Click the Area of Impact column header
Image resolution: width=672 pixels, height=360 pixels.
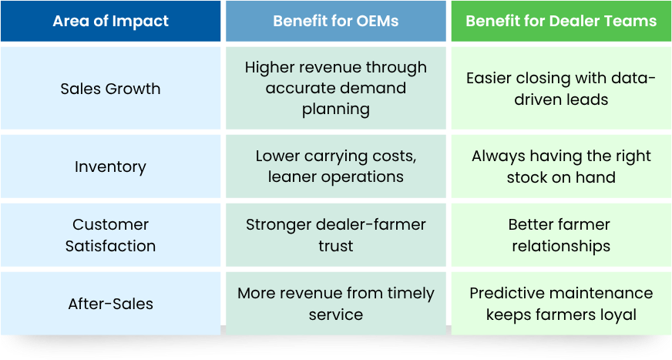click(110, 21)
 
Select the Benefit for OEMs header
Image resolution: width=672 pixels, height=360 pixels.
click(336, 21)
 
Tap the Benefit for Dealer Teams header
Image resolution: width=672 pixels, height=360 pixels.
click(561, 21)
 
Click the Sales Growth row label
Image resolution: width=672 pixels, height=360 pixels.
click(110, 89)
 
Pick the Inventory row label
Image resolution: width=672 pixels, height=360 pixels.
click(110, 167)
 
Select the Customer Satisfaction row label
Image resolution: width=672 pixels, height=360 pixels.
click(110, 235)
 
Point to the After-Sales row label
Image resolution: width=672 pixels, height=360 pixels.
click(110, 304)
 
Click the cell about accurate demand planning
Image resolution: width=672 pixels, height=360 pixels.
click(336, 88)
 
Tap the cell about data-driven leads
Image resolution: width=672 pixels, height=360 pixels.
click(561, 89)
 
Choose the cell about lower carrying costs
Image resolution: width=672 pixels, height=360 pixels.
click(336, 167)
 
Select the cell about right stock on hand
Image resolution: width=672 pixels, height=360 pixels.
click(561, 167)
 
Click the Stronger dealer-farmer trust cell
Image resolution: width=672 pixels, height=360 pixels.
click(336, 235)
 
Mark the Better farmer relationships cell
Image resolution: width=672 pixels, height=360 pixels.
click(561, 235)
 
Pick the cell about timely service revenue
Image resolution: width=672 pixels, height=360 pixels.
click(336, 304)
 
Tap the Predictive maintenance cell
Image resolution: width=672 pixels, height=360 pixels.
click(561, 304)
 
